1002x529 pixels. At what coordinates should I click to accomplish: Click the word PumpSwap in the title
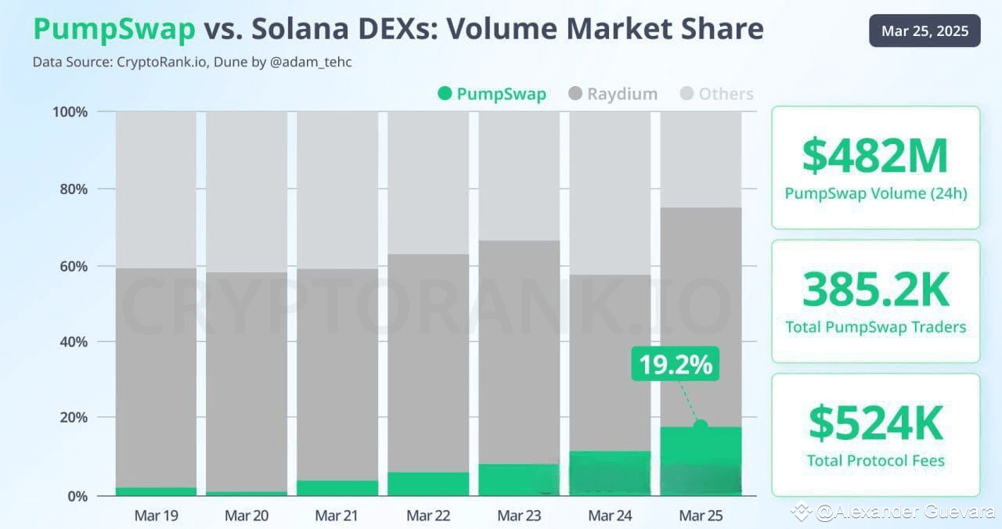pos(114,30)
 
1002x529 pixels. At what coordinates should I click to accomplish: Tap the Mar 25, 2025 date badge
pos(925,31)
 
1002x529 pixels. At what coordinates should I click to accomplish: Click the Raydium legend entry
pos(613,94)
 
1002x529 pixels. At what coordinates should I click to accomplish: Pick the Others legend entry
pos(716,94)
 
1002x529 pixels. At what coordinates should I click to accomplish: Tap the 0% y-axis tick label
pos(77,496)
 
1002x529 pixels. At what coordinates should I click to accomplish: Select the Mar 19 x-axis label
pos(157,516)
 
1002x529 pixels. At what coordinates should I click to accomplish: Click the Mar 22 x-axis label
pos(428,516)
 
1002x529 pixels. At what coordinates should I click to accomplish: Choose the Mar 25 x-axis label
pos(701,516)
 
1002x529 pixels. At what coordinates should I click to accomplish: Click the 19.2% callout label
pos(675,365)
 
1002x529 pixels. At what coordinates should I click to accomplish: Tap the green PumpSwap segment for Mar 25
pos(701,462)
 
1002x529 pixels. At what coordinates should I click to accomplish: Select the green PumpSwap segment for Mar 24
pos(610,473)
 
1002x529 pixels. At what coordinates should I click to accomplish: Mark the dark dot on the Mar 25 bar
pos(701,426)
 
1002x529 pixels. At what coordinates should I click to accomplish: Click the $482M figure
pos(875,157)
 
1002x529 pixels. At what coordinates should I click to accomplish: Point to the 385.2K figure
pos(875,290)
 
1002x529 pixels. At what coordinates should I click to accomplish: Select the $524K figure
pos(875,423)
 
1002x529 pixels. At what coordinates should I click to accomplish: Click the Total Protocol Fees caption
pos(875,460)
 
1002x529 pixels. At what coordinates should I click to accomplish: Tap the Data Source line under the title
pos(192,62)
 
